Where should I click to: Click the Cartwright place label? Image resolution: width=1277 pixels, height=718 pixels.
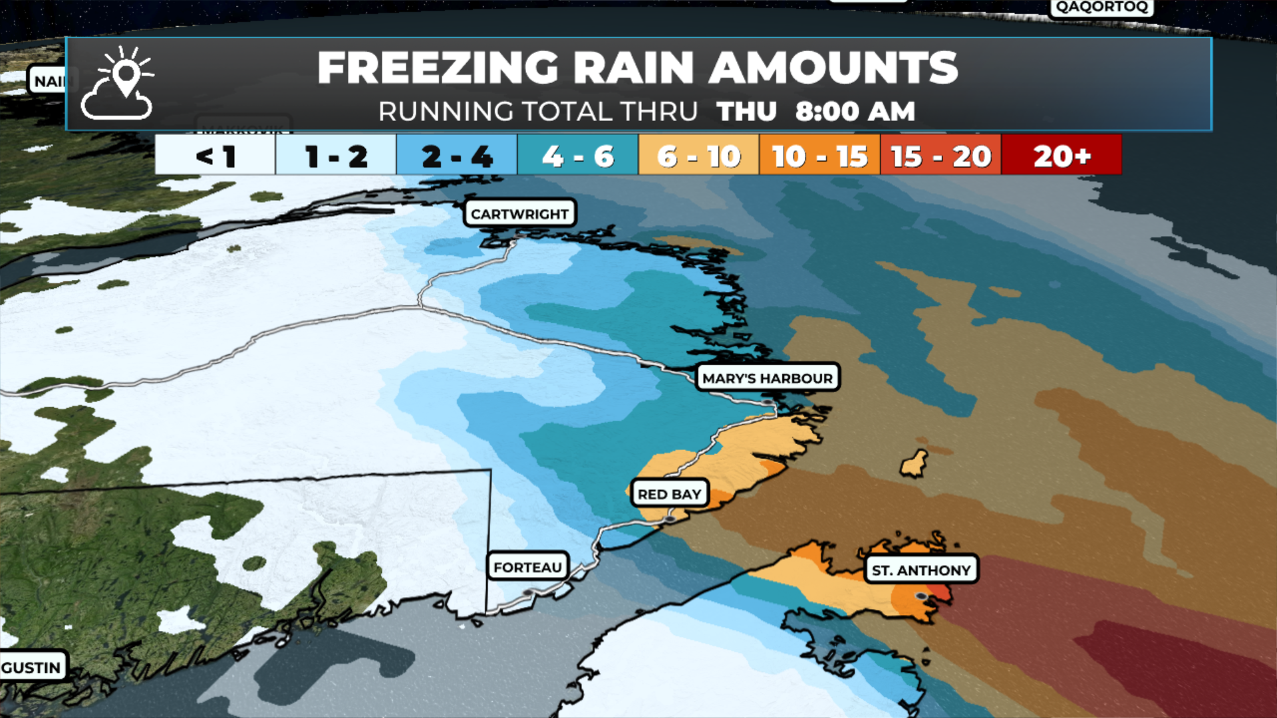[x=519, y=214]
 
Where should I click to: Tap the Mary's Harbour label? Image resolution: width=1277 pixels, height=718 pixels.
[x=768, y=378]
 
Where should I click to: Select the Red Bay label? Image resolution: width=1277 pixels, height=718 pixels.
[x=669, y=494]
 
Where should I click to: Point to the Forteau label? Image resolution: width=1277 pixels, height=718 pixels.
[x=527, y=567]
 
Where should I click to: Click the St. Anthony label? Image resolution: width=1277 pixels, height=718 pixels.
[x=921, y=570]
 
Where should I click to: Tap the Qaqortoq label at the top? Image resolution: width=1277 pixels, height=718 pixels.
[x=1101, y=7]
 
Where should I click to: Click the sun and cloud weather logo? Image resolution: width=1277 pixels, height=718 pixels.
[x=118, y=84]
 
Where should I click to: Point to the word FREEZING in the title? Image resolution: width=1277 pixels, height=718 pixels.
[x=438, y=68]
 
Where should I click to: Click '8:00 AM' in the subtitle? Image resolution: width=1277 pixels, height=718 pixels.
[x=855, y=112]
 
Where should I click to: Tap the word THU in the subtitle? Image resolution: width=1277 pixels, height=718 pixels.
[x=746, y=112]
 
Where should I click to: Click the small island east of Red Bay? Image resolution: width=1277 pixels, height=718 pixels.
[x=915, y=463]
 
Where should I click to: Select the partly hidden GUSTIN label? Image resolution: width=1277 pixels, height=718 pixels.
[x=31, y=667]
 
